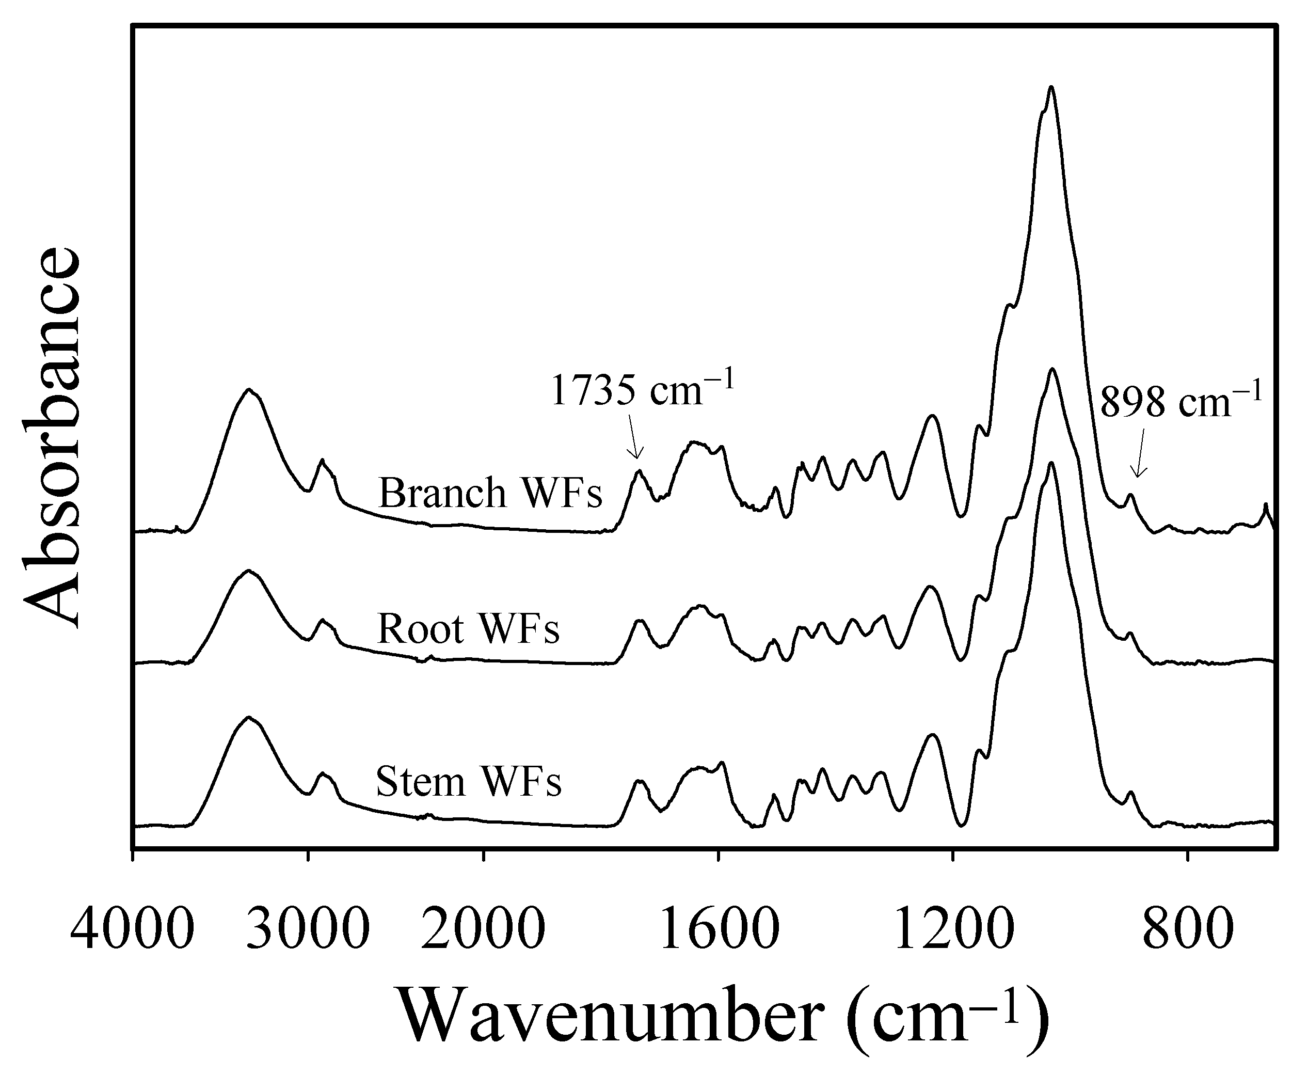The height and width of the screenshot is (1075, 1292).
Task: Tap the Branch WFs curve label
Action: (x=490, y=493)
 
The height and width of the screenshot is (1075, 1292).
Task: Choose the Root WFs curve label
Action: (x=468, y=629)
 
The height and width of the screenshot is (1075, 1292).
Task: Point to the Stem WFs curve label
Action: (x=468, y=782)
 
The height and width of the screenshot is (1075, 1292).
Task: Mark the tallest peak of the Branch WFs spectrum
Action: (x=1051, y=87)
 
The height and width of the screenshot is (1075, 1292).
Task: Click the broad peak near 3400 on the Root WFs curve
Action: (x=249, y=571)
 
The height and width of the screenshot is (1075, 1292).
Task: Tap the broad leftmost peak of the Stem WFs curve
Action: (x=249, y=718)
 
